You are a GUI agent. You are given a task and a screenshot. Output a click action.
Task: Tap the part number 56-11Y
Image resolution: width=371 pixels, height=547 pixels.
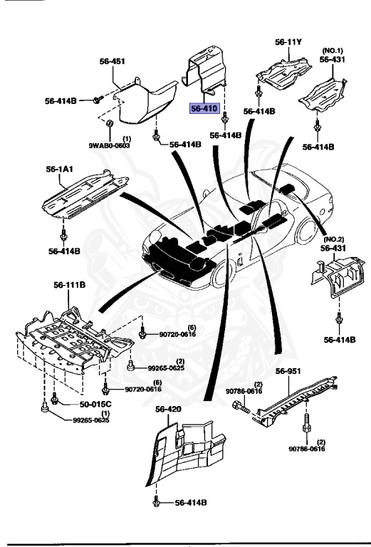[289, 42]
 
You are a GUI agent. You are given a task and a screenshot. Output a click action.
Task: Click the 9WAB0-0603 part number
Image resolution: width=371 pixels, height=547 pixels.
[110, 145]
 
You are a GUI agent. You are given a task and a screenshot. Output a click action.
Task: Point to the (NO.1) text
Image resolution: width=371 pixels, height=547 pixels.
[333, 50]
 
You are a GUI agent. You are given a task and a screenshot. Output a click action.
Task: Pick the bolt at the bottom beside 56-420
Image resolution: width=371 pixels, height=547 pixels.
[156, 502]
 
